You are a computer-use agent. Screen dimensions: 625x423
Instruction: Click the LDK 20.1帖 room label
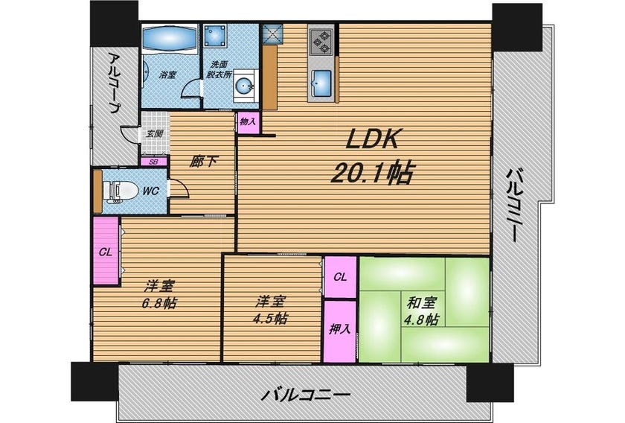pyautogui.click(x=371, y=156)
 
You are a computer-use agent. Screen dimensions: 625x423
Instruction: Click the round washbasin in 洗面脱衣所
pyautogui.click(x=243, y=84)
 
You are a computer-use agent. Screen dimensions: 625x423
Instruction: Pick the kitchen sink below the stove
pyautogui.click(x=321, y=83)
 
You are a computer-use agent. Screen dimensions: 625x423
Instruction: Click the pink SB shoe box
pyautogui.click(x=154, y=162)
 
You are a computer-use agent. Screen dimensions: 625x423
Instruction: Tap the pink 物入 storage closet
pyautogui.click(x=249, y=121)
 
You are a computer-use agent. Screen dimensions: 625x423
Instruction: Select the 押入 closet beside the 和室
pyautogui.click(x=339, y=331)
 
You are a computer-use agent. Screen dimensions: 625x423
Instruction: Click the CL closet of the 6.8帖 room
pyautogui.click(x=106, y=251)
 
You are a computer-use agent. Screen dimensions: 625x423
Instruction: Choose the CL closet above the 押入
pyautogui.click(x=340, y=277)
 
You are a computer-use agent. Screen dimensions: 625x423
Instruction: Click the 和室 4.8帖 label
pyautogui.click(x=422, y=311)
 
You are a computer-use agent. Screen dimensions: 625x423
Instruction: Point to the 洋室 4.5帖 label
pyautogui.click(x=271, y=310)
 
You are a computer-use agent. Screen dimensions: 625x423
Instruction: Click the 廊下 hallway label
pyautogui.click(x=204, y=161)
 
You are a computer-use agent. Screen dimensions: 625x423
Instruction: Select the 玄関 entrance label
pyautogui.click(x=154, y=133)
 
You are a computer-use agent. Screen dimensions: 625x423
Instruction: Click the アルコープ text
pyautogui.click(x=115, y=83)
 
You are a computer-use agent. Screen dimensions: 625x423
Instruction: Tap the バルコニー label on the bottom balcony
pyautogui.click(x=305, y=395)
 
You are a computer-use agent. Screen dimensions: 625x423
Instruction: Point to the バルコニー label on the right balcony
pyautogui.click(x=514, y=205)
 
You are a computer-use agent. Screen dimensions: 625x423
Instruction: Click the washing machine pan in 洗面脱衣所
pyautogui.click(x=215, y=36)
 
